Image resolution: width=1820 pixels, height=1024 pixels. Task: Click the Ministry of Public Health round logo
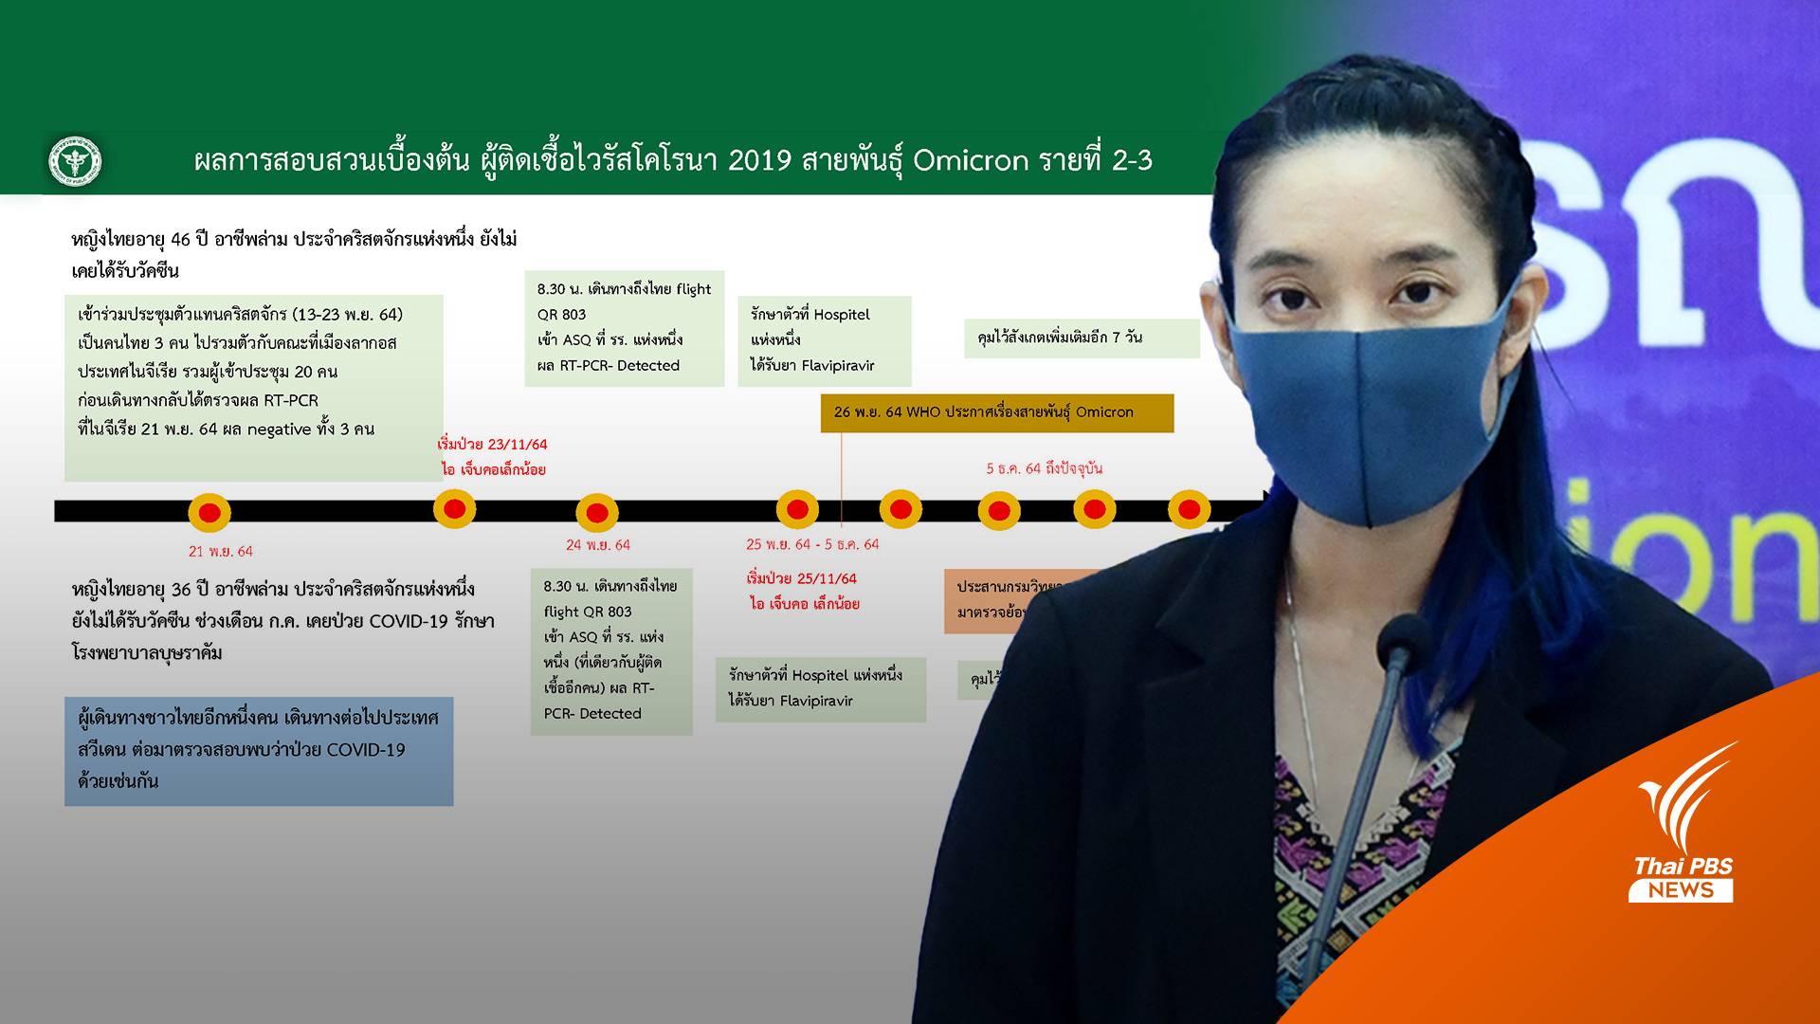[x=75, y=161]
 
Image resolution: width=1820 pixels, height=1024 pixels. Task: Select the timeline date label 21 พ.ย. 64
[x=220, y=551]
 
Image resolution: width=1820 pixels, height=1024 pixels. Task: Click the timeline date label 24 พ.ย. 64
[x=597, y=545]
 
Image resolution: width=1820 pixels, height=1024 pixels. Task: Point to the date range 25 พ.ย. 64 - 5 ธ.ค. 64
[x=812, y=544]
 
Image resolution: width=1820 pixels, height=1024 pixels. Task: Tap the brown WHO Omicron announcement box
[x=996, y=412]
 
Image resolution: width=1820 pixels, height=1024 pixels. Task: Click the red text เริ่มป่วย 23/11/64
[x=492, y=444]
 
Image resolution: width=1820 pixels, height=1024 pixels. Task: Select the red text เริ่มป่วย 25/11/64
[x=801, y=578]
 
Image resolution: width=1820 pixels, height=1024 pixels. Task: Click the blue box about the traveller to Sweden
[x=258, y=751]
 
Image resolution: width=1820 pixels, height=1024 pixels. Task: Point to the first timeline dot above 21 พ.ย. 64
[x=209, y=513]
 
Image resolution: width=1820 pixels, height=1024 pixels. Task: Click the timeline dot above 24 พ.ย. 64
[x=597, y=513]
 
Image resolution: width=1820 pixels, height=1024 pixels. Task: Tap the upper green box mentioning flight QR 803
[x=624, y=328]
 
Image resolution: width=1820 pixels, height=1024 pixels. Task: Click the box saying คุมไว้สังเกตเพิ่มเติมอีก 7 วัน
[x=1081, y=338]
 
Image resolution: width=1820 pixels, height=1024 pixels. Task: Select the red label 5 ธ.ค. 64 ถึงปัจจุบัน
[x=1044, y=468]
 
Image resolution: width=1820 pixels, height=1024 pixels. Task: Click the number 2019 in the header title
[x=759, y=160]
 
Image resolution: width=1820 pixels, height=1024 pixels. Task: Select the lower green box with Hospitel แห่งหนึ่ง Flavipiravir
[x=820, y=688]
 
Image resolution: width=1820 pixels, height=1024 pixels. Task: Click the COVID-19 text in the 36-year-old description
[x=408, y=621]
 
